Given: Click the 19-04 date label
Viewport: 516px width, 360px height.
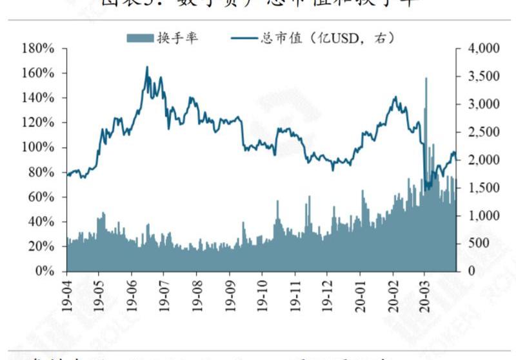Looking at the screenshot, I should [x=67, y=296].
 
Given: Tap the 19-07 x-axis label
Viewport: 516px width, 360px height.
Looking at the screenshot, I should [x=164, y=296].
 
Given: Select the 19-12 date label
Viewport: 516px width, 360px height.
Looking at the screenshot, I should [x=328, y=296].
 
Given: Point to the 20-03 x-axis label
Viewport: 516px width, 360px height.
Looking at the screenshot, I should [x=425, y=296].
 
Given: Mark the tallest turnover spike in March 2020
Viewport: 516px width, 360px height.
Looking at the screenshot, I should [x=426, y=79].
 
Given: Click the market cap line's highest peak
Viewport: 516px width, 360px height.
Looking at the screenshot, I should [x=147, y=67].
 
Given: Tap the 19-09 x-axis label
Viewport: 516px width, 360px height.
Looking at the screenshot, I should [x=230, y=296].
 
